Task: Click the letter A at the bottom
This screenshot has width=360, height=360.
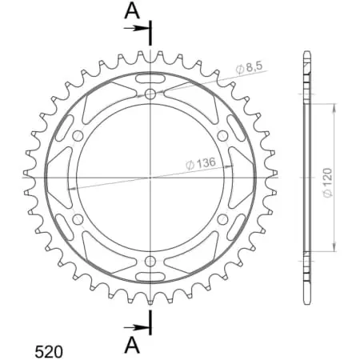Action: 130,344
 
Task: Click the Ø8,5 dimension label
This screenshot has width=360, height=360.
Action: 250,69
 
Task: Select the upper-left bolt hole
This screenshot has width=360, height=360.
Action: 78,137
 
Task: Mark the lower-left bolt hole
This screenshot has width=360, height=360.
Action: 78,218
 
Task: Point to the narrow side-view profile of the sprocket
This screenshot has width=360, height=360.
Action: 306,177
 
